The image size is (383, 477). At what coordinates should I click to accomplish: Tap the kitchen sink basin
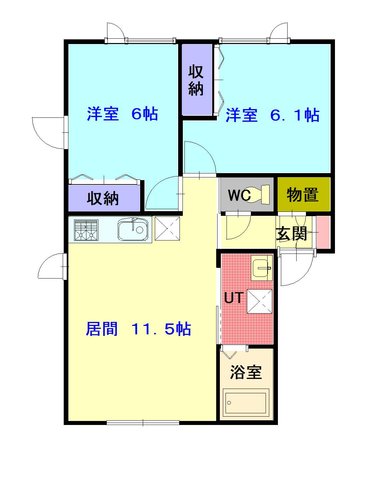pos(133,230)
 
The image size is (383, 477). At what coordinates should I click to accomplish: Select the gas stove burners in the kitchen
pos(86,230)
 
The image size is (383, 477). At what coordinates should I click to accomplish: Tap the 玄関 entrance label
pos(291,234)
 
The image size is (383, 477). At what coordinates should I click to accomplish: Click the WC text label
pos(239,195)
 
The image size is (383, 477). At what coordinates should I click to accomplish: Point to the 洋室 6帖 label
pos(122,114)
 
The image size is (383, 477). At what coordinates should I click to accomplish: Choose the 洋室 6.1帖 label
pos(272,115)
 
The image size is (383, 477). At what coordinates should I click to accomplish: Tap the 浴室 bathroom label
pos(246,372)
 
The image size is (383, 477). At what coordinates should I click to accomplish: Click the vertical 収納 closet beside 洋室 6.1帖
pos(197,80)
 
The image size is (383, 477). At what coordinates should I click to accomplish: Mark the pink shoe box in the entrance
pos(323,232)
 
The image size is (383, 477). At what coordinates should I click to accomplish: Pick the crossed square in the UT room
pos(260,301)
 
